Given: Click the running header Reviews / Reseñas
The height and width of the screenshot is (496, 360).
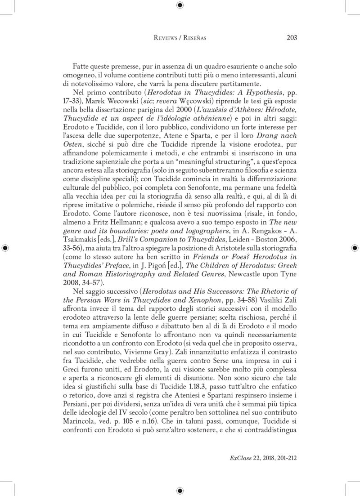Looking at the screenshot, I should [x=180, y=38].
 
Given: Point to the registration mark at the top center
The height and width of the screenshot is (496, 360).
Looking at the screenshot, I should [x=180, y=5].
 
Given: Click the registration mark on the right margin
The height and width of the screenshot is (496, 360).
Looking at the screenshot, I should [x=354, y=248].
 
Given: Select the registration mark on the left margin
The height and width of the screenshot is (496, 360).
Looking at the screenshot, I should [x=5, y=248].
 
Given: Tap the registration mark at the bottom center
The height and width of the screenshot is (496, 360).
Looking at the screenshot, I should [x=180, y=490].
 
